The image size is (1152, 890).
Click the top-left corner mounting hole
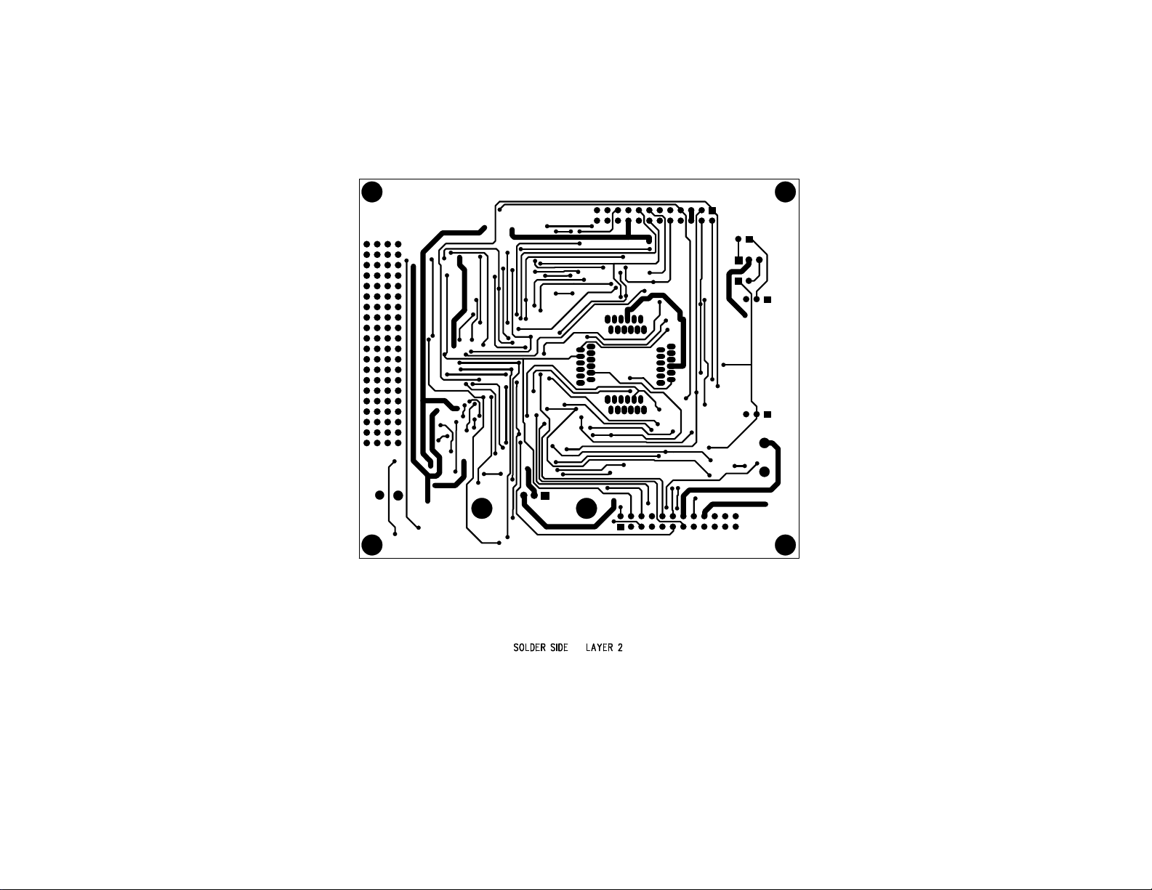click(371, 192)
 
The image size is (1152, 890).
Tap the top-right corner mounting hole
click(785, 192)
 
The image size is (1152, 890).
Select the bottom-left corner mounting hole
click(371, 545)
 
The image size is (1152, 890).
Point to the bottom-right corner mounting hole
click(785, 545)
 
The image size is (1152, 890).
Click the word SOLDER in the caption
click(529, 647)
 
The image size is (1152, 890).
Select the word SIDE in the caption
click(559, 647)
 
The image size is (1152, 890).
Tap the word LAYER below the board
click(599, 647)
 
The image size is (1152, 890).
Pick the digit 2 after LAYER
click(620, 647)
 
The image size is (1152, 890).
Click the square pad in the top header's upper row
click(712, 210)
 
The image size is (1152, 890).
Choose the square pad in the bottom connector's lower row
click(620, 527)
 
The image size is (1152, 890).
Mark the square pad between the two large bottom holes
click(545, 495)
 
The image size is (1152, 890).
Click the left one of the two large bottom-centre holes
click(481, 508)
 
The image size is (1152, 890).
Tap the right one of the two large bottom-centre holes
click(587, 508)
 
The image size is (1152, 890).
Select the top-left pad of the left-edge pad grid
click(367, 244)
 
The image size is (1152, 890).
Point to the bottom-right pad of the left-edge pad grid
click(398, 443)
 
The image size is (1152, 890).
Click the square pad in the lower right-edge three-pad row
click(767, 414)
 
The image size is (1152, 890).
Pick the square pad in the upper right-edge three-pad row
click(767, 299)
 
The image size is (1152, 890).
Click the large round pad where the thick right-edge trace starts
click(764, 443)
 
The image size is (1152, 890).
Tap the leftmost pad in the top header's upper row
click(597, 210)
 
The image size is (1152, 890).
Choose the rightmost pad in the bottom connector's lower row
click(736, 527)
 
